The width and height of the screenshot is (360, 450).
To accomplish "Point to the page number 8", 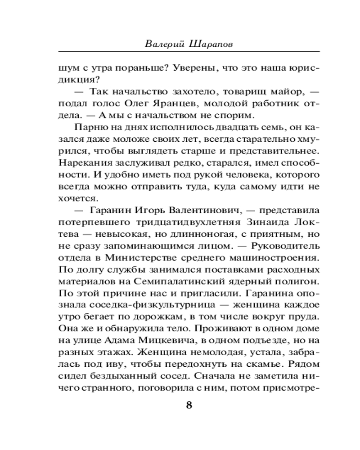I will click(189, 405).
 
